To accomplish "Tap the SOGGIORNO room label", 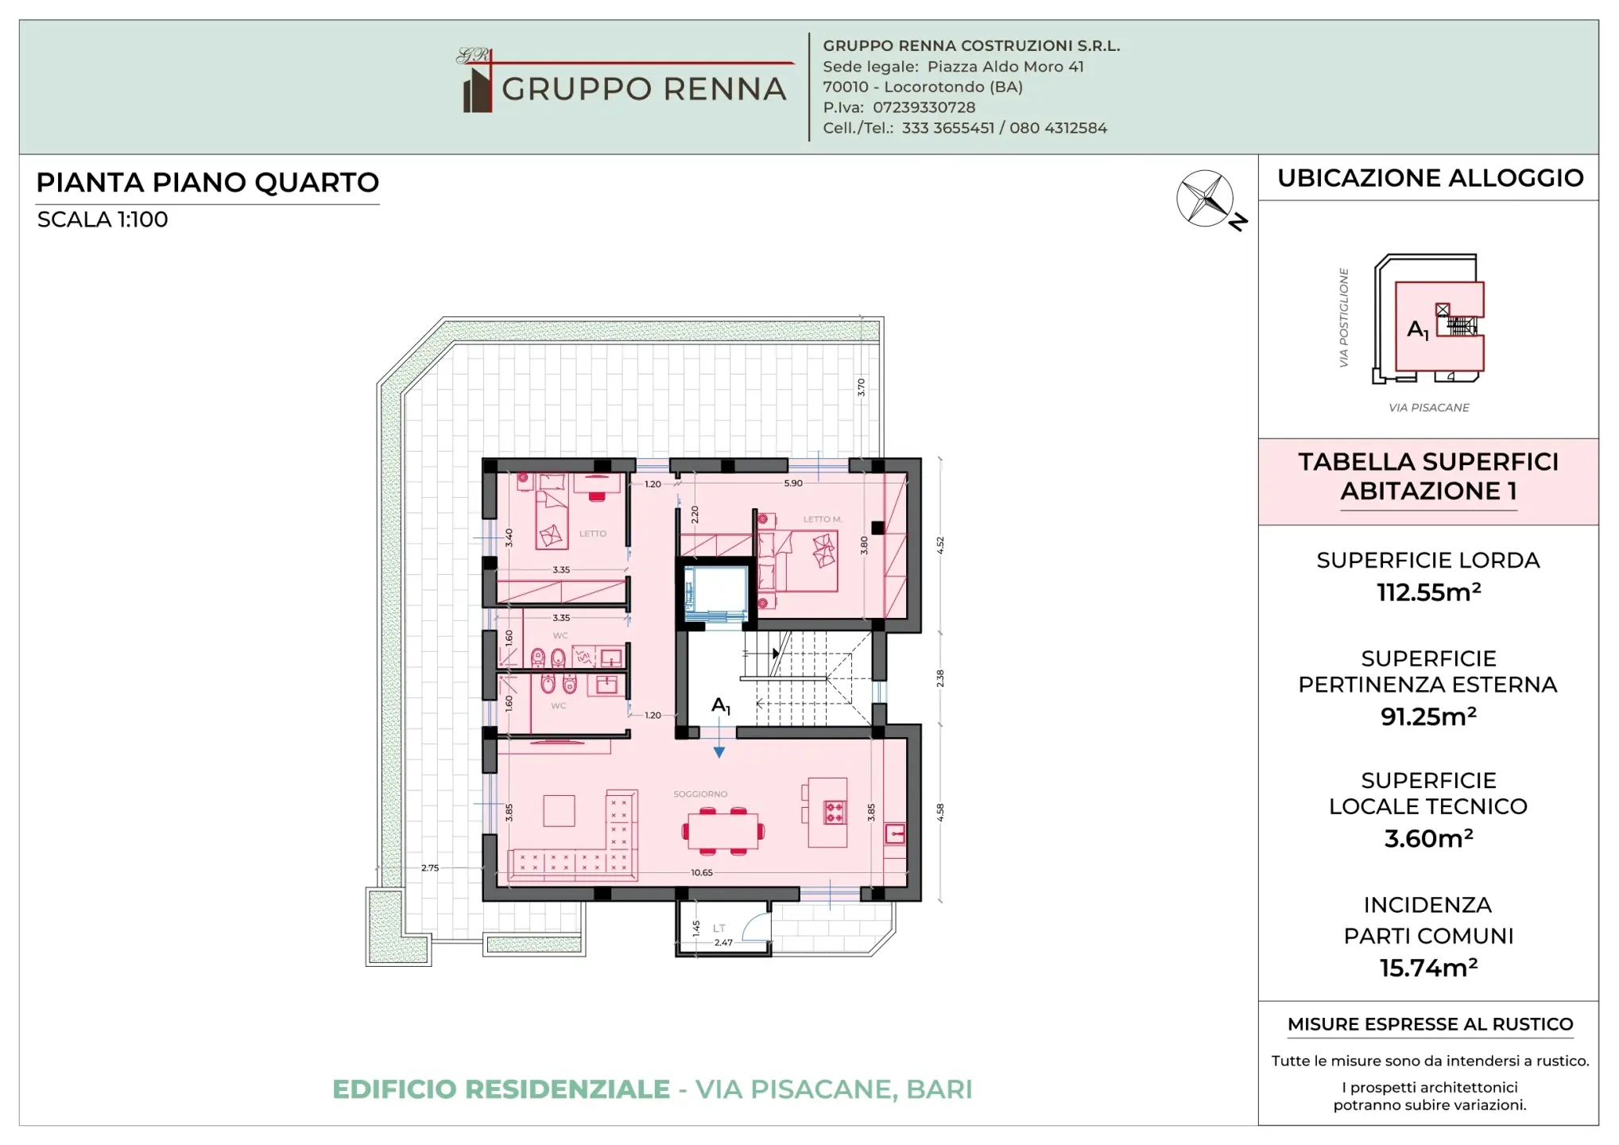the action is click(699, 794).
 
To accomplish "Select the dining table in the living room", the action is click(722, 831).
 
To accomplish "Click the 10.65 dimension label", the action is click(701, 872).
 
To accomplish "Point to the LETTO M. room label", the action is click(822, 519).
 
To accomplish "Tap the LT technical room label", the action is click(718, 928).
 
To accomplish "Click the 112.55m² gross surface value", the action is click(1428, 592).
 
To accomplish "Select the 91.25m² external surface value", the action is click(1428, 716).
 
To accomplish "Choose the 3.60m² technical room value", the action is click(1428, 838).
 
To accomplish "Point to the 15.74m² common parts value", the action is click(1428, 968).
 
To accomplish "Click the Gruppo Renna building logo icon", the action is click(477, 89).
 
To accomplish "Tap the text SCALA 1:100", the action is click(103, 219).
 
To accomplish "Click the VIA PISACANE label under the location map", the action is click(1428, 407).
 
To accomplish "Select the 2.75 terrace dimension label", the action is click(430, 867).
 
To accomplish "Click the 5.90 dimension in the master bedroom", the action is click(793, 483).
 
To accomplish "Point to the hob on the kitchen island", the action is click(834, 812).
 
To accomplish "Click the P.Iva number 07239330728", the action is click(924, 107).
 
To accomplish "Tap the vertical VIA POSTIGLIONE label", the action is click(1343, 317).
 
